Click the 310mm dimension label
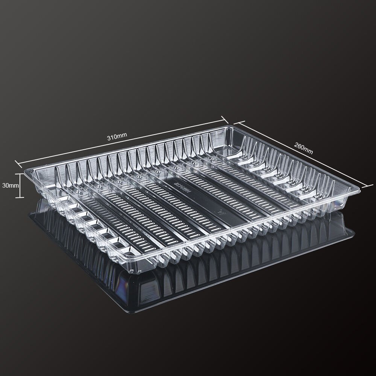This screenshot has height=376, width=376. click(x=117, y=136)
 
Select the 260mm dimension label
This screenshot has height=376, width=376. click(x=303, y=149)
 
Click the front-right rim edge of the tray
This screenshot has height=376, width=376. click(x=263, y=229)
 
